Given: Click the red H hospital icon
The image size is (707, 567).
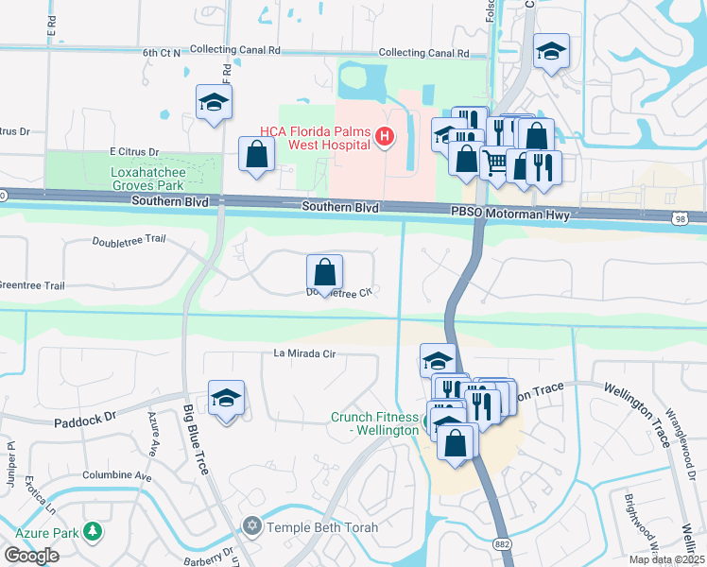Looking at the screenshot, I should pos(384,138).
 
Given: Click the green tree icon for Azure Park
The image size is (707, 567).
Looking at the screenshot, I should pos(93,532).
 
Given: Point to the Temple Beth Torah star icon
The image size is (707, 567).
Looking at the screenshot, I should pos(251,526).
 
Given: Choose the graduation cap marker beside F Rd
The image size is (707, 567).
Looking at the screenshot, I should pos(215,102).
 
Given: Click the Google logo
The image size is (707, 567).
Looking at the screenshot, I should pos(31,555).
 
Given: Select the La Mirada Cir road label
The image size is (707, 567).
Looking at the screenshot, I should pos(304,354).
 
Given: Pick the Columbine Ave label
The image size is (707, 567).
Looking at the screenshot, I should pos(116,476).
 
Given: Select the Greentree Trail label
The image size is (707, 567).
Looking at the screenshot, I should pos(32,285).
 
